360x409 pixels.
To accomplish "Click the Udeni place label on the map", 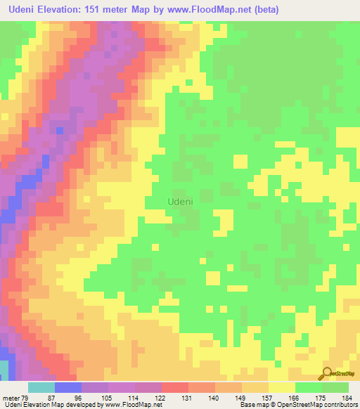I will coord(181,200).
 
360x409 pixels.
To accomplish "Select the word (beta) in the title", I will coord(264,10).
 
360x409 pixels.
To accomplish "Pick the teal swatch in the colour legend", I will coord(41,387).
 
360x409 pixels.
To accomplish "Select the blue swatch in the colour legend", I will coord(67,387).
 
